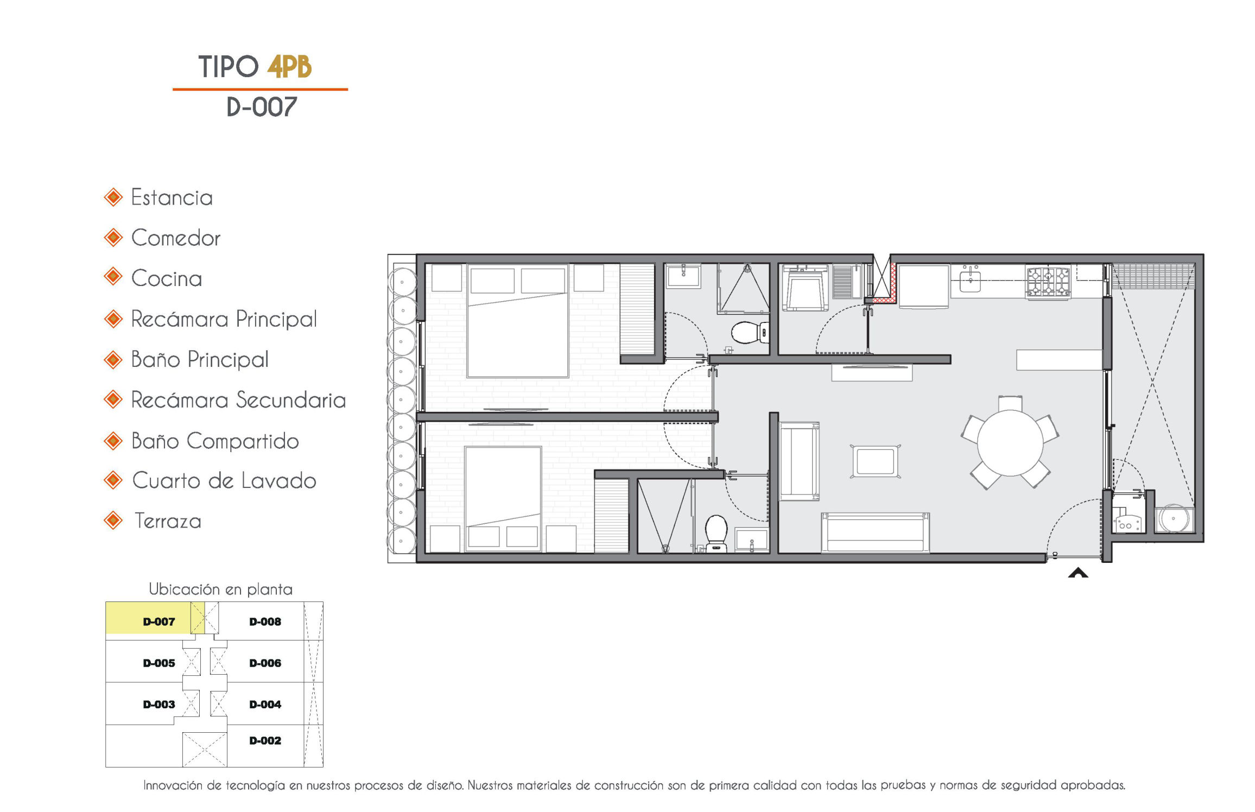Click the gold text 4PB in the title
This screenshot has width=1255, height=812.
pos(289,67)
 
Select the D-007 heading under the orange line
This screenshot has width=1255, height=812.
pos(262,107)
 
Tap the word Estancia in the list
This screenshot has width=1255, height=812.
pos(172,198)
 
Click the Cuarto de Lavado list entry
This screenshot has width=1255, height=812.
pos(224,481)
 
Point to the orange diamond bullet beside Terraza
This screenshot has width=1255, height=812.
pos(113,521)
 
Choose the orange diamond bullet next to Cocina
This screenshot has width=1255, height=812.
pos(113,277)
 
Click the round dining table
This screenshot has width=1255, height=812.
pos(1010,443)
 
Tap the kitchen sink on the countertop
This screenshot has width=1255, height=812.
pos(970,281)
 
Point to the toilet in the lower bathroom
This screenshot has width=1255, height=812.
pos(716,532)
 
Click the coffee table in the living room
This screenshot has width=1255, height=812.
pos(875,461)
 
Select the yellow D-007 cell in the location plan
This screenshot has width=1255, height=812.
pos(155,618)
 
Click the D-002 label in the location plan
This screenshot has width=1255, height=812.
pos(265,740)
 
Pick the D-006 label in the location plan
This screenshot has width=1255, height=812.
pos(265,663)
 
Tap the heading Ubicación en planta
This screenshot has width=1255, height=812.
pos(220,589)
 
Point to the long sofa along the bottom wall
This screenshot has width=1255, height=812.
pos(875,532)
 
